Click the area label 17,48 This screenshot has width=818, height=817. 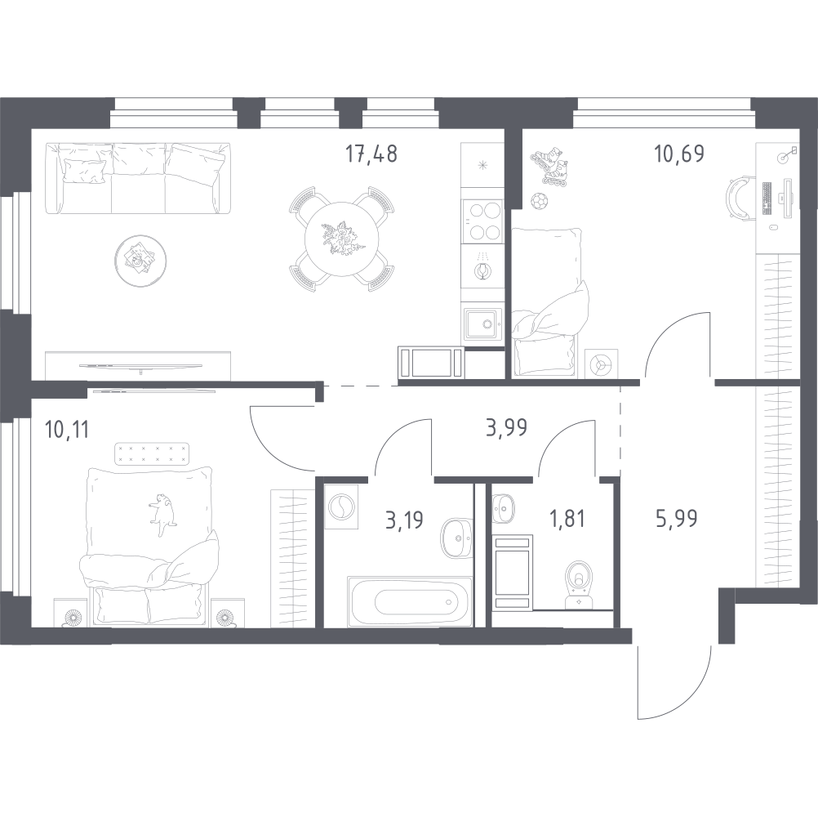pos(371,154)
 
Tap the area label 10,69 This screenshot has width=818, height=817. pos(679,154)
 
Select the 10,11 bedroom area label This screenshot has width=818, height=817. pos(67,431)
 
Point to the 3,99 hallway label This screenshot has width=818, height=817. pos(506,427)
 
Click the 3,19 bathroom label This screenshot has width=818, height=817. pos(404,520)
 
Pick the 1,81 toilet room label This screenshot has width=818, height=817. pos(567,520)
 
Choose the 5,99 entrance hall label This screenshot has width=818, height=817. pos(676,519)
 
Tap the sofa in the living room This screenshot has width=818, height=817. pos(138,178)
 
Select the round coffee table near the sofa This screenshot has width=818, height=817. pos(140,261)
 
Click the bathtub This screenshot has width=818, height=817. pos(410,601)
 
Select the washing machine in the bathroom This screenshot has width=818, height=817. pos(341,506)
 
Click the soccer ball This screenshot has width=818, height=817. pos(539,200)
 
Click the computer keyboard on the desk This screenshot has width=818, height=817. pos(767,199)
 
